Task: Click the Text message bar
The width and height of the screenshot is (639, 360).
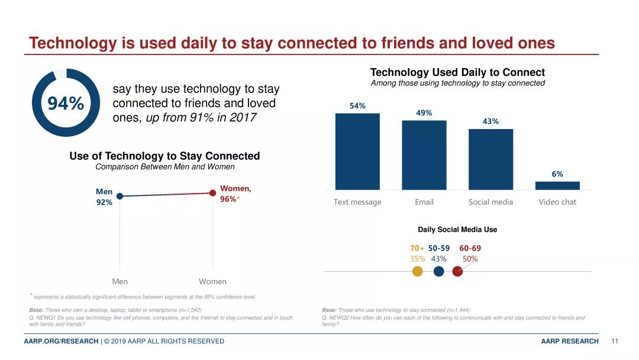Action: [357, 152]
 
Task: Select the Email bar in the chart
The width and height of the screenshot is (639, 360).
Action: [424, 155]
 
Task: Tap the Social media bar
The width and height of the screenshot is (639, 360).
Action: [490, 159]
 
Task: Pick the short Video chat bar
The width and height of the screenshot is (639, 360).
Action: [557, 185]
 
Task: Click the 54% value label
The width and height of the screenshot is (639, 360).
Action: [357, 106]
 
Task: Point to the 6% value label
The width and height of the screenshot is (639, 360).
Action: [557, 174]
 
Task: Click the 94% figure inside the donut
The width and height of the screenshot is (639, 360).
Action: [65, 104]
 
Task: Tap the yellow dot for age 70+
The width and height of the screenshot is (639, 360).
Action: [417, 271]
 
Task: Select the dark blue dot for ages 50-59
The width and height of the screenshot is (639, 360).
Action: [438, 271]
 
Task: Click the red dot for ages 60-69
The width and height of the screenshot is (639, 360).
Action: [457, 271]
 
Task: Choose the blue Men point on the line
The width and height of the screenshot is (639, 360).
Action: [120, 196]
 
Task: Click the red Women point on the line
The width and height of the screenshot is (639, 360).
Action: [212, 192]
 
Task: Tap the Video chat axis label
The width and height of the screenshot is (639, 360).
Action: [557, 202]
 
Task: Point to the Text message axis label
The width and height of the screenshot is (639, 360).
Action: [357, 202]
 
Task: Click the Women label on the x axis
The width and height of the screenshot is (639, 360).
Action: [212, 282]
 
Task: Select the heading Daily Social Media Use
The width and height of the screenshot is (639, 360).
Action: [457, 229]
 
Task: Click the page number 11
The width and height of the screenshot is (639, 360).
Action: [615, 341]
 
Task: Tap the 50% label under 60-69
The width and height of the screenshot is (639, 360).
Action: [470, 259]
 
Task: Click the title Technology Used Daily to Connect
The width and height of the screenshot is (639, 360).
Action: [457, 72]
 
